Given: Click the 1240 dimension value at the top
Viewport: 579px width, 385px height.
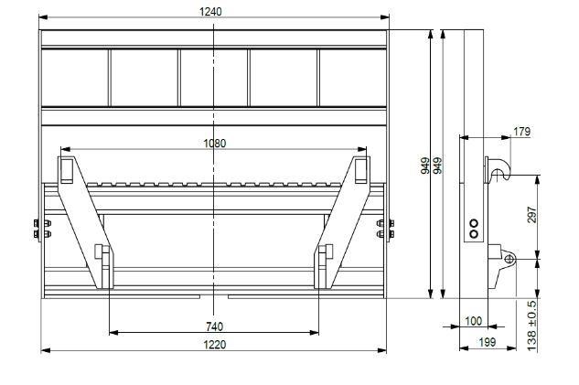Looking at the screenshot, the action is [210, 12].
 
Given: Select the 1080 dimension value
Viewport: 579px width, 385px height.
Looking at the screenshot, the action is [215, 144].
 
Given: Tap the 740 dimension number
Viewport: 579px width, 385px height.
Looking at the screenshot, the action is [215, 326].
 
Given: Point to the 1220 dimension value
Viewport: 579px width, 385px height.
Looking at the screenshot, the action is [215, 345].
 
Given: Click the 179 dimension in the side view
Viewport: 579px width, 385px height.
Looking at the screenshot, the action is [521, 132].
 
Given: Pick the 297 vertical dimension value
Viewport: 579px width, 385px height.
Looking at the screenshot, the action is [531, 215].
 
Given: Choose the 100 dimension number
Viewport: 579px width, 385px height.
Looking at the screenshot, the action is [474, 321].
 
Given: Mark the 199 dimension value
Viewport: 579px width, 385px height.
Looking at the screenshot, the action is [487, 343].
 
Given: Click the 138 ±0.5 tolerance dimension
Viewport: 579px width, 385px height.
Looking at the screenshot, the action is [531, 326].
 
